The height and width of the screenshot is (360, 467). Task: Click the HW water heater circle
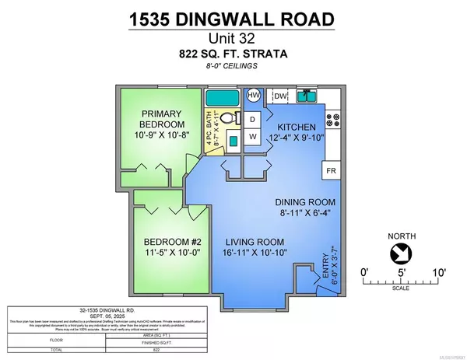click(x=254, y=95)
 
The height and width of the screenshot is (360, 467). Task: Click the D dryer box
click(x=252, y=120)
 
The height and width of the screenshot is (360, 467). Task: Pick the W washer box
click(x=252, y=137)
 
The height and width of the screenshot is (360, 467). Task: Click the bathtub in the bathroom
click(x=223, y=98)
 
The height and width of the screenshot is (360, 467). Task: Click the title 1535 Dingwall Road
click(x=233, y=17)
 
